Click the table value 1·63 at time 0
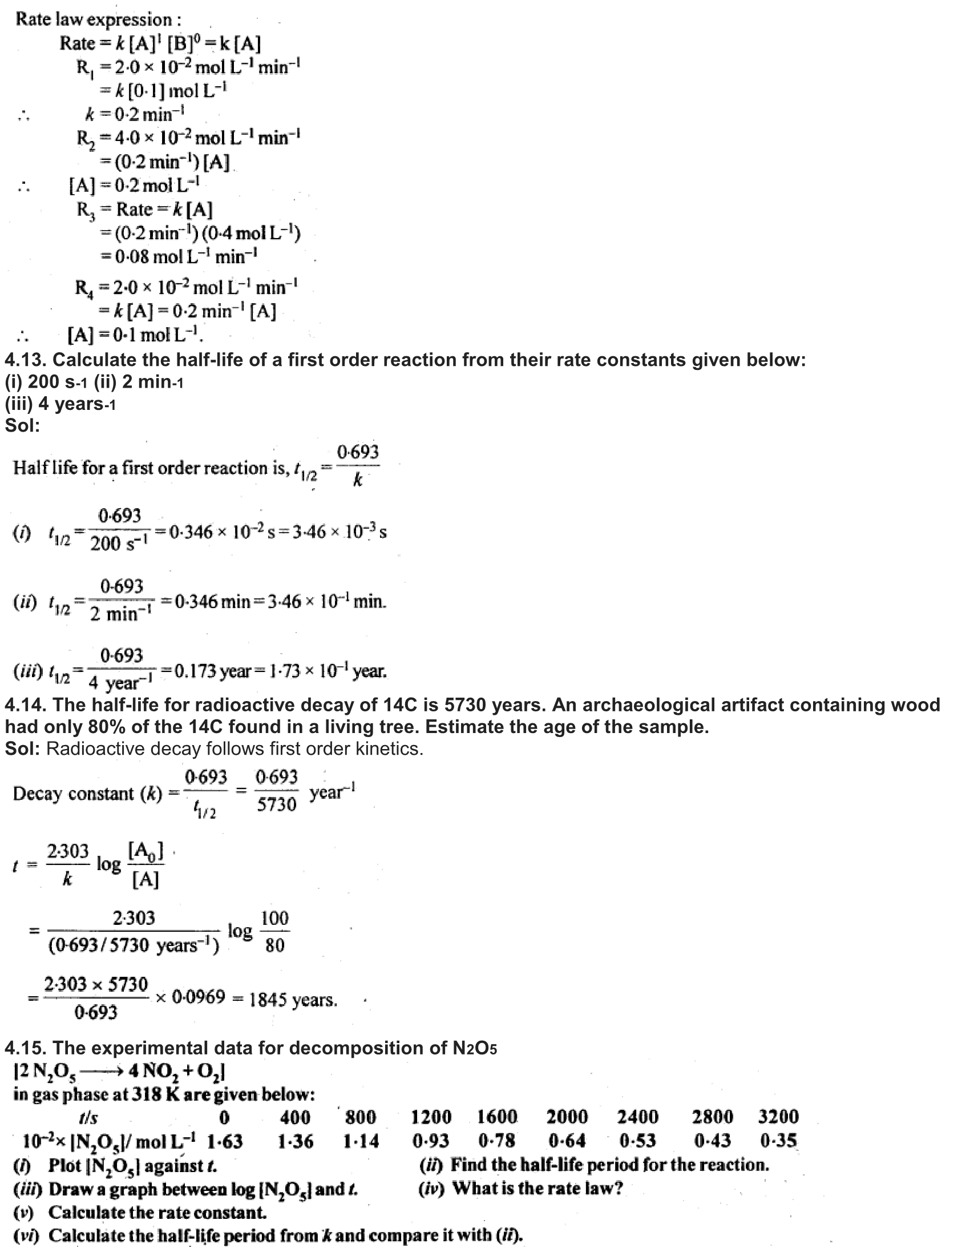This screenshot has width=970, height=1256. (x=225, y=1141)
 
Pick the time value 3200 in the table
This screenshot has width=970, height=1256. (x=778, y=1117)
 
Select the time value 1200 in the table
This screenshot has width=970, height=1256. (x=431, y=1117)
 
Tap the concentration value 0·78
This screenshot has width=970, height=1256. (x=496, y=1141)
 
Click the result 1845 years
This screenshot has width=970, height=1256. (x=293, y=1000)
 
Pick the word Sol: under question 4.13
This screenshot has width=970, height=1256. (x=22, y=425)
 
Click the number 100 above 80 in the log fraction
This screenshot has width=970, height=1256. (x=274, y=919)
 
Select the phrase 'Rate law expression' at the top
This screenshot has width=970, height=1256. (x=98, y=19)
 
